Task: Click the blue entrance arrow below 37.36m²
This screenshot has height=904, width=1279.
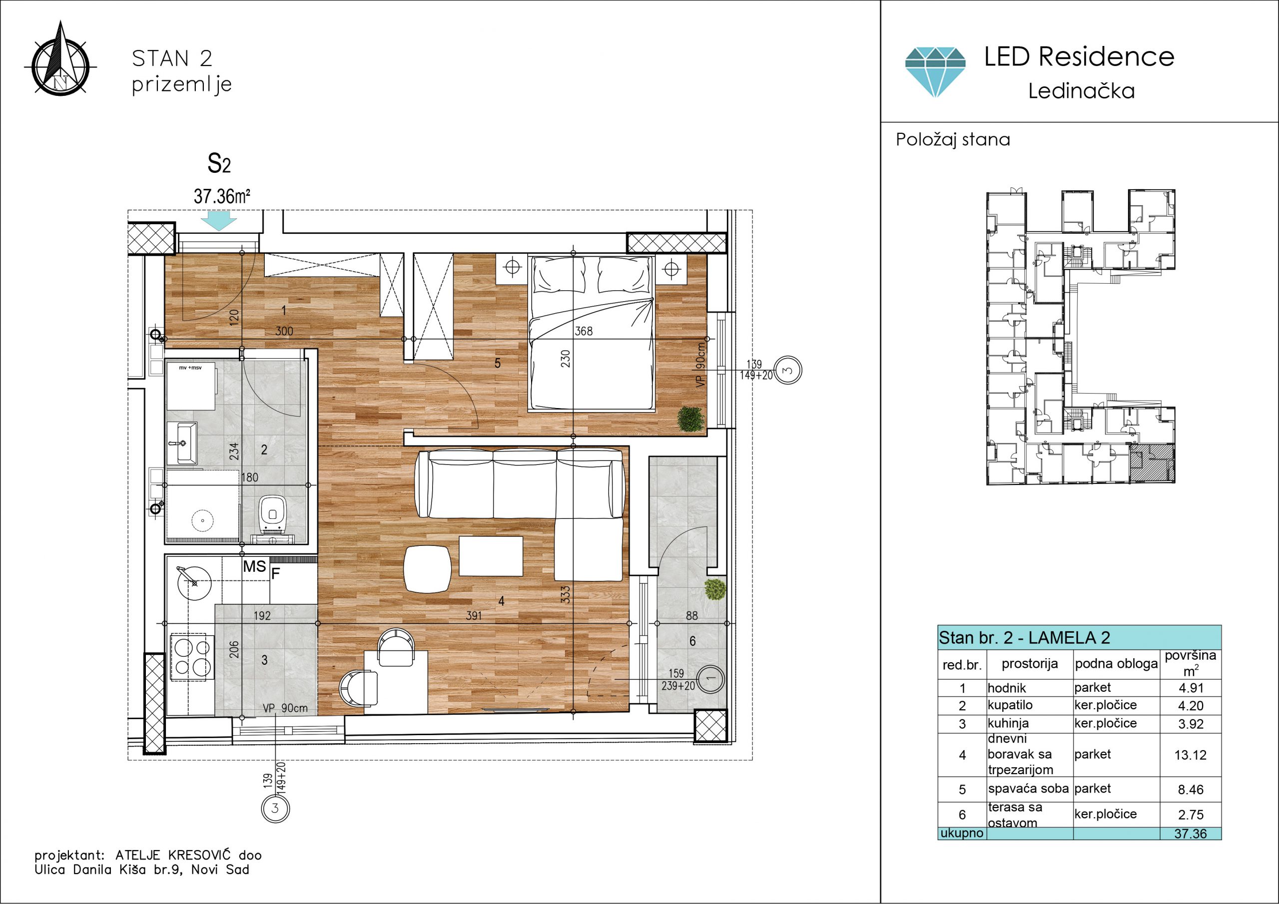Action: click(x=218, y=221)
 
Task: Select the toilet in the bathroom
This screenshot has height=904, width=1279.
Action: click(x=272, y=516)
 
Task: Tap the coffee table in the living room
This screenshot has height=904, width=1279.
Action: click(x=491, y=556)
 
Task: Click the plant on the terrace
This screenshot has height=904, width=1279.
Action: click(x=715, y=589)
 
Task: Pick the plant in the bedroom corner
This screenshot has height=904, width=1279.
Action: click(x=690, y=419)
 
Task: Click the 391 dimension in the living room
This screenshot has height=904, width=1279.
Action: click(x=474, y=615)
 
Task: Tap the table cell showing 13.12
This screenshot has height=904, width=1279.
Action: click(x=1191, y=755)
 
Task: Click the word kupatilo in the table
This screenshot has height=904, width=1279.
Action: click(x=1010, y=705)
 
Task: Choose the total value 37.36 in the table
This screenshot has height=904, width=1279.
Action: click(x=1191, y=834)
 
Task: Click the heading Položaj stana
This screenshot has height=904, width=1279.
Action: click(x=953, y=139)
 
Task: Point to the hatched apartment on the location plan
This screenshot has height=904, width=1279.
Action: click(x=1152, y=463)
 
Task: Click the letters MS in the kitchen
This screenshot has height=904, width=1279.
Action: click(x=255, y=567)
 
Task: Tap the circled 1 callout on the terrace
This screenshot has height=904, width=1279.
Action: click(x=710, y=679)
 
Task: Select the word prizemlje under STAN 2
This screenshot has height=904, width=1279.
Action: click(x=181, y=85)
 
